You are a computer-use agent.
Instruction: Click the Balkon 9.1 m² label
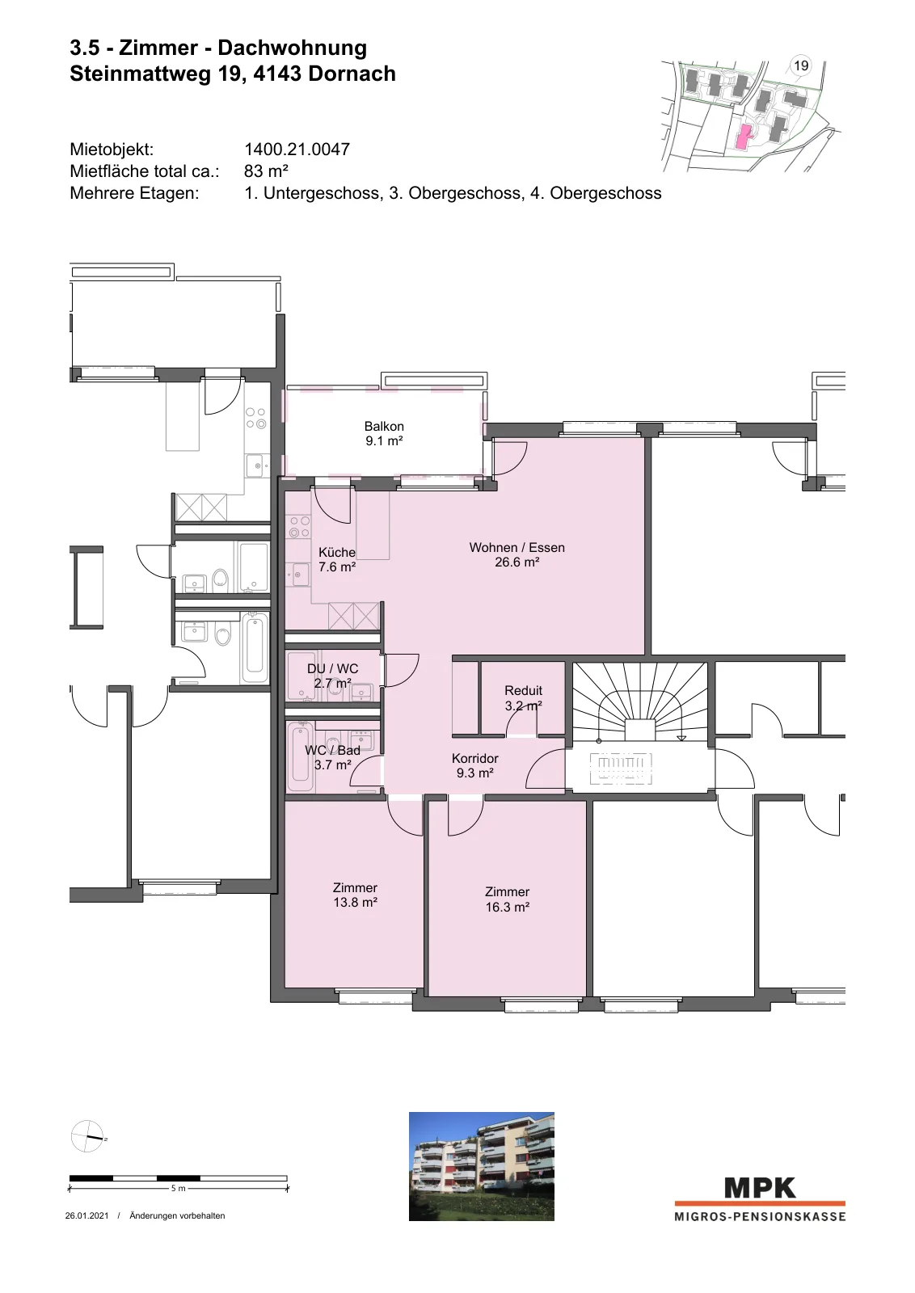[x=384, y=433]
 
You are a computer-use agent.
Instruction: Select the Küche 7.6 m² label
[x=337, y=559]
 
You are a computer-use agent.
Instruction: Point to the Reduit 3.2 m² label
[x=523, y=698]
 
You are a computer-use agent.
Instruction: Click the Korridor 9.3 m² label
[x=474, y=765]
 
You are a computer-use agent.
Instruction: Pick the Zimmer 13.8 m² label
[x=355, y=895]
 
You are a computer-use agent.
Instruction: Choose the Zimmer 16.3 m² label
[x=507, y=899]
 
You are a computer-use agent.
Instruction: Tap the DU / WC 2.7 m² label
[x=332, y=676]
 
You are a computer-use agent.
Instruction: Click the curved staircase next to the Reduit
[x=639, y=701]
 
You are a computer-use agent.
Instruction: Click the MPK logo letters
[x=760, y=1188]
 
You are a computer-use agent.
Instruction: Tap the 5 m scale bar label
[x=179, y=1189]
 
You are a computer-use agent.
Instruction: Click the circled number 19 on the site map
[x=801, y=65]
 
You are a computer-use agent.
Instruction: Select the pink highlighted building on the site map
[x=744, y=137]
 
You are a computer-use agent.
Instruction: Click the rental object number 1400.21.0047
[x=297, y=150]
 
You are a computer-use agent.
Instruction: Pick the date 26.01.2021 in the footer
[x=86, y=1215]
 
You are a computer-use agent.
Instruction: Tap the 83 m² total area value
[x=266, y=171]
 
